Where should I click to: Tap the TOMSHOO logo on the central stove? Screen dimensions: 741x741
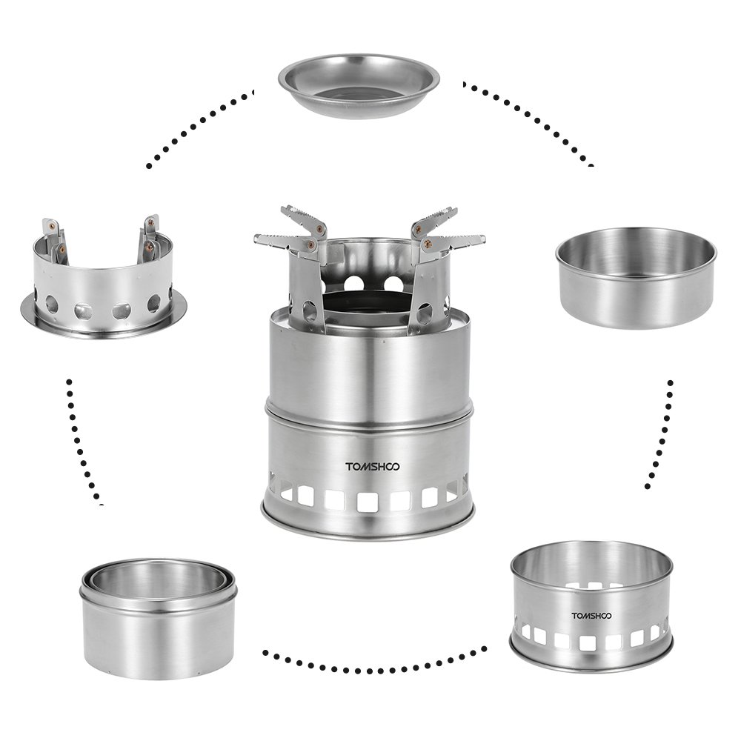[373, 467]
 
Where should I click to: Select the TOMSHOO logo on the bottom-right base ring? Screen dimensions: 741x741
[591, 616]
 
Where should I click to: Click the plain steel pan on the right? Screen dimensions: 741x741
[636, 279]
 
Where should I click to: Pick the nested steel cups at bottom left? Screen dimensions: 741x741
[159, 619]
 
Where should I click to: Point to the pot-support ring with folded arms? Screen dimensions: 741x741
[103, 279]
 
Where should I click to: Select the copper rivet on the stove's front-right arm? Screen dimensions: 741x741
[426, 244]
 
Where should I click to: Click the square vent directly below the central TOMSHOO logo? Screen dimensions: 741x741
[368, 502]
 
